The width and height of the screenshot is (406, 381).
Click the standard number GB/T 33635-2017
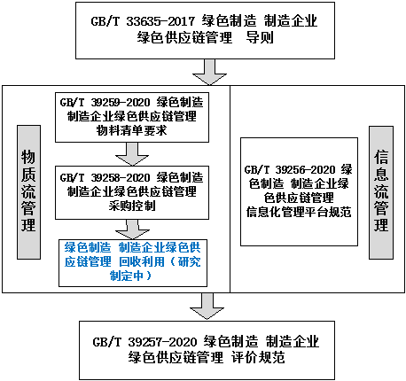[143, 21]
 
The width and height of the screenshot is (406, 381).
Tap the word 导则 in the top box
[260, 38]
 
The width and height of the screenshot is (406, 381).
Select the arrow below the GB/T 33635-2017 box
[209, 72]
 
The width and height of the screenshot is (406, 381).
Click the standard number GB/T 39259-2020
[105, 103]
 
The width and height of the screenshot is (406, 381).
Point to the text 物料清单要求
[132, 130]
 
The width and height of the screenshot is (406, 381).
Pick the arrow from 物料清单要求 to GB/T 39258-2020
[132, 154]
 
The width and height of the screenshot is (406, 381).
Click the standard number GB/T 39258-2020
[105, 177]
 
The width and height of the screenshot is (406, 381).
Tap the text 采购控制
[132, 206]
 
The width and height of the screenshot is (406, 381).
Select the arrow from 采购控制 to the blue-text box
[132, 229]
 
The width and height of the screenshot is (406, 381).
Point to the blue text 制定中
[127, 276]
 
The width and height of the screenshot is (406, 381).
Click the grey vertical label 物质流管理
[28, 192]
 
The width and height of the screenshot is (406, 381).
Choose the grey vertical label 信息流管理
[381, 192]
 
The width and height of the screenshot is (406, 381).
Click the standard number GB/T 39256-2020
[290, 170]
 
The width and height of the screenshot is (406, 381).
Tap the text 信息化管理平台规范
[299, 212]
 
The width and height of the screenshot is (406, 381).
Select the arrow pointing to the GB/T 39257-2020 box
[207, 307]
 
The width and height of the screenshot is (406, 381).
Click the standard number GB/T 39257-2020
[144, 342]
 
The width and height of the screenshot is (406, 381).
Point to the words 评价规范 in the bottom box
[258, 358]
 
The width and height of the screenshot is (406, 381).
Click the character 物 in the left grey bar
[28, 157]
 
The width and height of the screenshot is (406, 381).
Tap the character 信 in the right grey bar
[381, 157]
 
